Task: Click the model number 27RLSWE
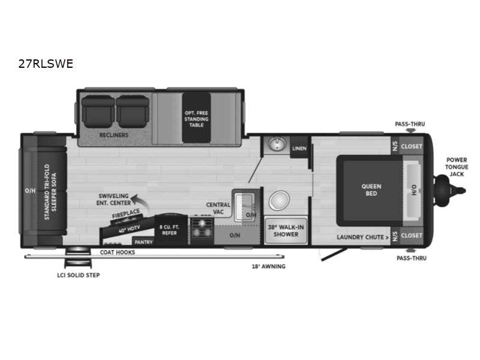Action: pyautogui.click(x=46, y=64)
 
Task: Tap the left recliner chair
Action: pyautogui.click(x=98, y=112)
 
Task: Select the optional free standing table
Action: pyautogui.click(x=196, y=118)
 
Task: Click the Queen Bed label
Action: pyautogui.click(x=371, y=190)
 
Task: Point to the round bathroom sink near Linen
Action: pyautogui.click(x=277, y=143)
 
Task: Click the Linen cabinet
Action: pyautogui.click(x=299, y=148)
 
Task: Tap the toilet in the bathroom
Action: pyautogui.click(x=279, y=200)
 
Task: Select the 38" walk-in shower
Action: pyautogui.click(x=286, y=231)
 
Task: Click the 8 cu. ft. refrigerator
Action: pyautogui.click(x=170, y=230)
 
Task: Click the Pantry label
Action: pyautogui.click(x=143, y=242)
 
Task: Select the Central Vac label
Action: pyautogui.click(x=218, y=208)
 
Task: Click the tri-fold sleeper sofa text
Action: pyautogui.click(x=50, y=192)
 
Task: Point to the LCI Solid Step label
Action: pyautogui.click(x=79, y=275)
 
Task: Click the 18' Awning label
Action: pyautogui.click(x=268, y=266)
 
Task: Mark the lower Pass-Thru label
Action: pyautogui.click(x=412, y=258)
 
